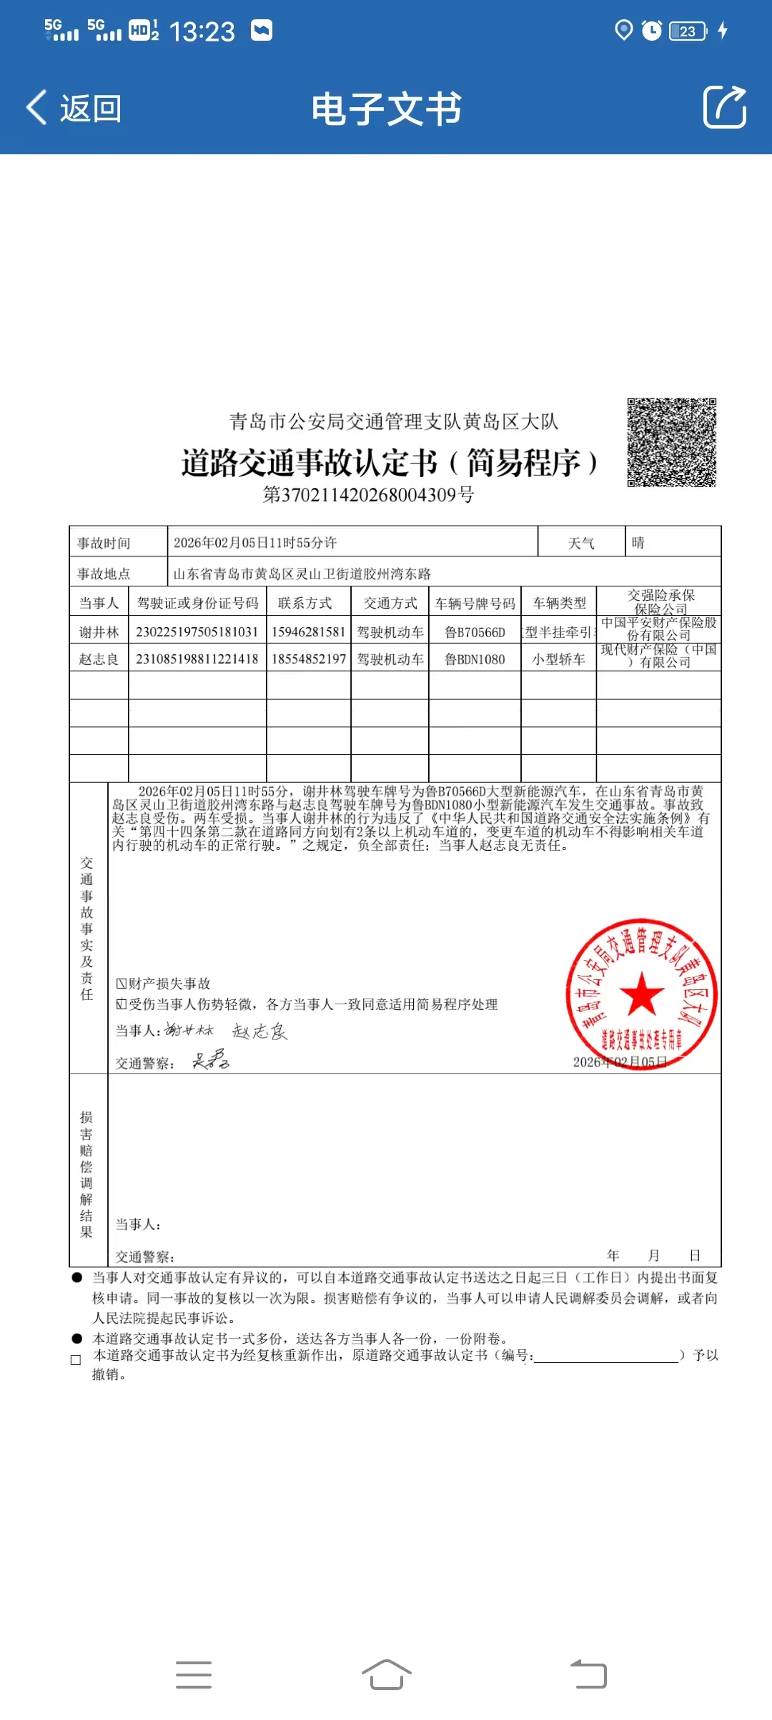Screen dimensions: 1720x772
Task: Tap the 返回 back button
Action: point(74,109)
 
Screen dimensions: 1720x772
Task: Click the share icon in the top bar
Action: point(724,108)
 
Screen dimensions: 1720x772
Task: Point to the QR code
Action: point(671,442)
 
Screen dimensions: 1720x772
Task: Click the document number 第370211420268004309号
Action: point(368,495)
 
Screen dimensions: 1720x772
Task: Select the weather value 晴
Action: point(638,543)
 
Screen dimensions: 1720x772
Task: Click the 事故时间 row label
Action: point(104,544)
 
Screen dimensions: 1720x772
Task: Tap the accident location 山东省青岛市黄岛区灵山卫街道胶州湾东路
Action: point(302,574)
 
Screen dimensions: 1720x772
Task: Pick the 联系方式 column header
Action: point(305,604)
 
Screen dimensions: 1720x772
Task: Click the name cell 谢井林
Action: point(99,632)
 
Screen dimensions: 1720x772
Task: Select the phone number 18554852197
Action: point(309,659)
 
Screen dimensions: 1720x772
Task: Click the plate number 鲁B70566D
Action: point(475,632)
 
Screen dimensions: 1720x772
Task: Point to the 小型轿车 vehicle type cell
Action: point(558,659)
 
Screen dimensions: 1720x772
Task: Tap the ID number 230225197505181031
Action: point(197,632)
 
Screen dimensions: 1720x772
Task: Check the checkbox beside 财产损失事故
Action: point(122,984)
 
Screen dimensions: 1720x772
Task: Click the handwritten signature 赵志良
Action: point(259,1031)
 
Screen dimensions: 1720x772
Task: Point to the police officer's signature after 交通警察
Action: point(210,1060)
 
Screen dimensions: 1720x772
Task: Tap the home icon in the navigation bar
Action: point(386,1674)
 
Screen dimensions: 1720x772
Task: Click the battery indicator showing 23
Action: point(688,31)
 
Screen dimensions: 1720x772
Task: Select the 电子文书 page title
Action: point(386,109)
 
